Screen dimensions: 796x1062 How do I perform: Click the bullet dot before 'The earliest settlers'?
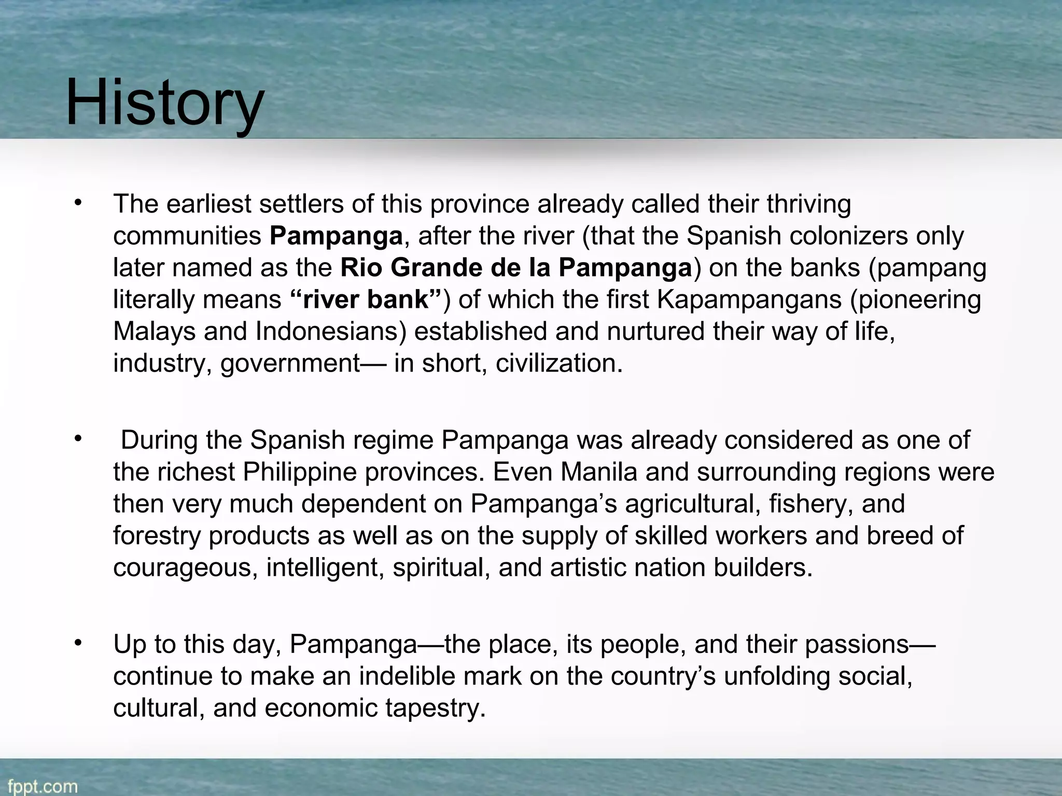point(78,203)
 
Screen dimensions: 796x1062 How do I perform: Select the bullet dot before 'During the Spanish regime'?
point(78,439)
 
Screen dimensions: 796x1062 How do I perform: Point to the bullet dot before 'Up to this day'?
point(78,644)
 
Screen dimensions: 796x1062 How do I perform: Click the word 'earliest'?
point(208,204)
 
